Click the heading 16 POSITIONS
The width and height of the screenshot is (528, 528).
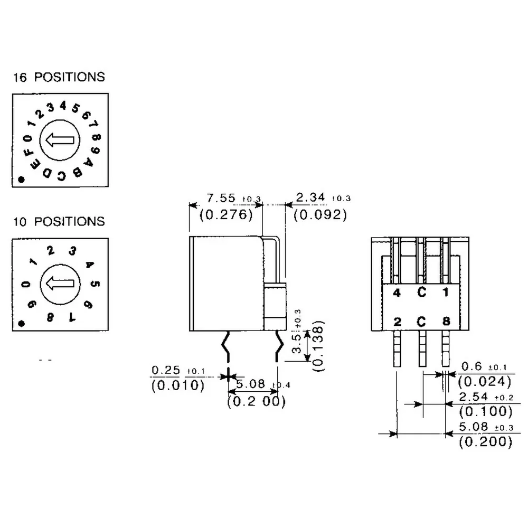pos(59,77)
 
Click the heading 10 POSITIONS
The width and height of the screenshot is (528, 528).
pos(59,221)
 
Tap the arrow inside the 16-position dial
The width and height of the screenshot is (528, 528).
pos(59,140)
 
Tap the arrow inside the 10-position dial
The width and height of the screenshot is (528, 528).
pos(59,284)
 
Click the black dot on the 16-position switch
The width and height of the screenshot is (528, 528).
pos(21,180)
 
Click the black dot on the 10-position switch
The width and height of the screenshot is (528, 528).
pos(21,323)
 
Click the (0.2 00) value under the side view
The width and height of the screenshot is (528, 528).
pos(256,402)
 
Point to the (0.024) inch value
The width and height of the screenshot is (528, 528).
pos(485,381)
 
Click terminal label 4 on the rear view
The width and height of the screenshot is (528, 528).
pos(397,293)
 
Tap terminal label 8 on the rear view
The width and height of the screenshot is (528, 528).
pos(446,321)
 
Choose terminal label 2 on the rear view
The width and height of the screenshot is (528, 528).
pos(397,321)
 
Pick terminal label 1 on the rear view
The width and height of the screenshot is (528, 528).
pos(446,293)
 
